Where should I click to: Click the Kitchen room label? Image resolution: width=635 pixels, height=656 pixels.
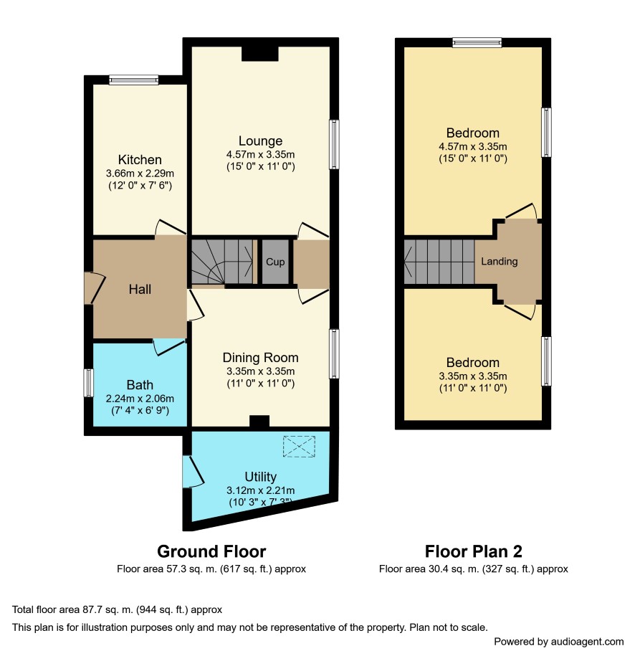(140, 159)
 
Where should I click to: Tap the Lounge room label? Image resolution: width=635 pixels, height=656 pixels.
(260, 141)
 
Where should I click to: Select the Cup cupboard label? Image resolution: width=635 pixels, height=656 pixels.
(275, 262)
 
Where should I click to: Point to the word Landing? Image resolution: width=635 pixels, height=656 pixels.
(499, 261)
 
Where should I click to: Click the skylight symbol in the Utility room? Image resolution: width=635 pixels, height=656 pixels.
(299, 447)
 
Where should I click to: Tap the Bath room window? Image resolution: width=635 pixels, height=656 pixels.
(88, 382)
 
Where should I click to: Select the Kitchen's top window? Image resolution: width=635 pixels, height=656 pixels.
(134, 80)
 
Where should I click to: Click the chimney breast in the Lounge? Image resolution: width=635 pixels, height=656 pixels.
(260, 54)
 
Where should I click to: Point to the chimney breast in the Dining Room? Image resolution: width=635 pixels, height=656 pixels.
(259, 421)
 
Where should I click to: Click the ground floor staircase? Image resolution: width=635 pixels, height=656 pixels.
(221, 262)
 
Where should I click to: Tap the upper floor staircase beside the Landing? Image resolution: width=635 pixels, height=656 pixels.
(439, 262)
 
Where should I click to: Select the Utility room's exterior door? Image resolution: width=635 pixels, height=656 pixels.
(192, 471)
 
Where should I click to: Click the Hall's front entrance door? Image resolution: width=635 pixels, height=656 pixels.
(94, 287)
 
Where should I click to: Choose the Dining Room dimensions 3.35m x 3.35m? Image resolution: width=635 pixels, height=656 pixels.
(260, 371)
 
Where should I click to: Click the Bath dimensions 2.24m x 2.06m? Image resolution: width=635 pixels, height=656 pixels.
(140, 399)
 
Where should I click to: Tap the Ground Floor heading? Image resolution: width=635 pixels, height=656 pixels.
(211, 551)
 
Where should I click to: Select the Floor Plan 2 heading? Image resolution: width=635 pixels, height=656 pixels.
(474, 551)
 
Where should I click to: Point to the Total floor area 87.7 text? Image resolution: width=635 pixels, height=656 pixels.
(117, 609)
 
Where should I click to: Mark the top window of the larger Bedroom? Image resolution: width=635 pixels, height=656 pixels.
(477, 42)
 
